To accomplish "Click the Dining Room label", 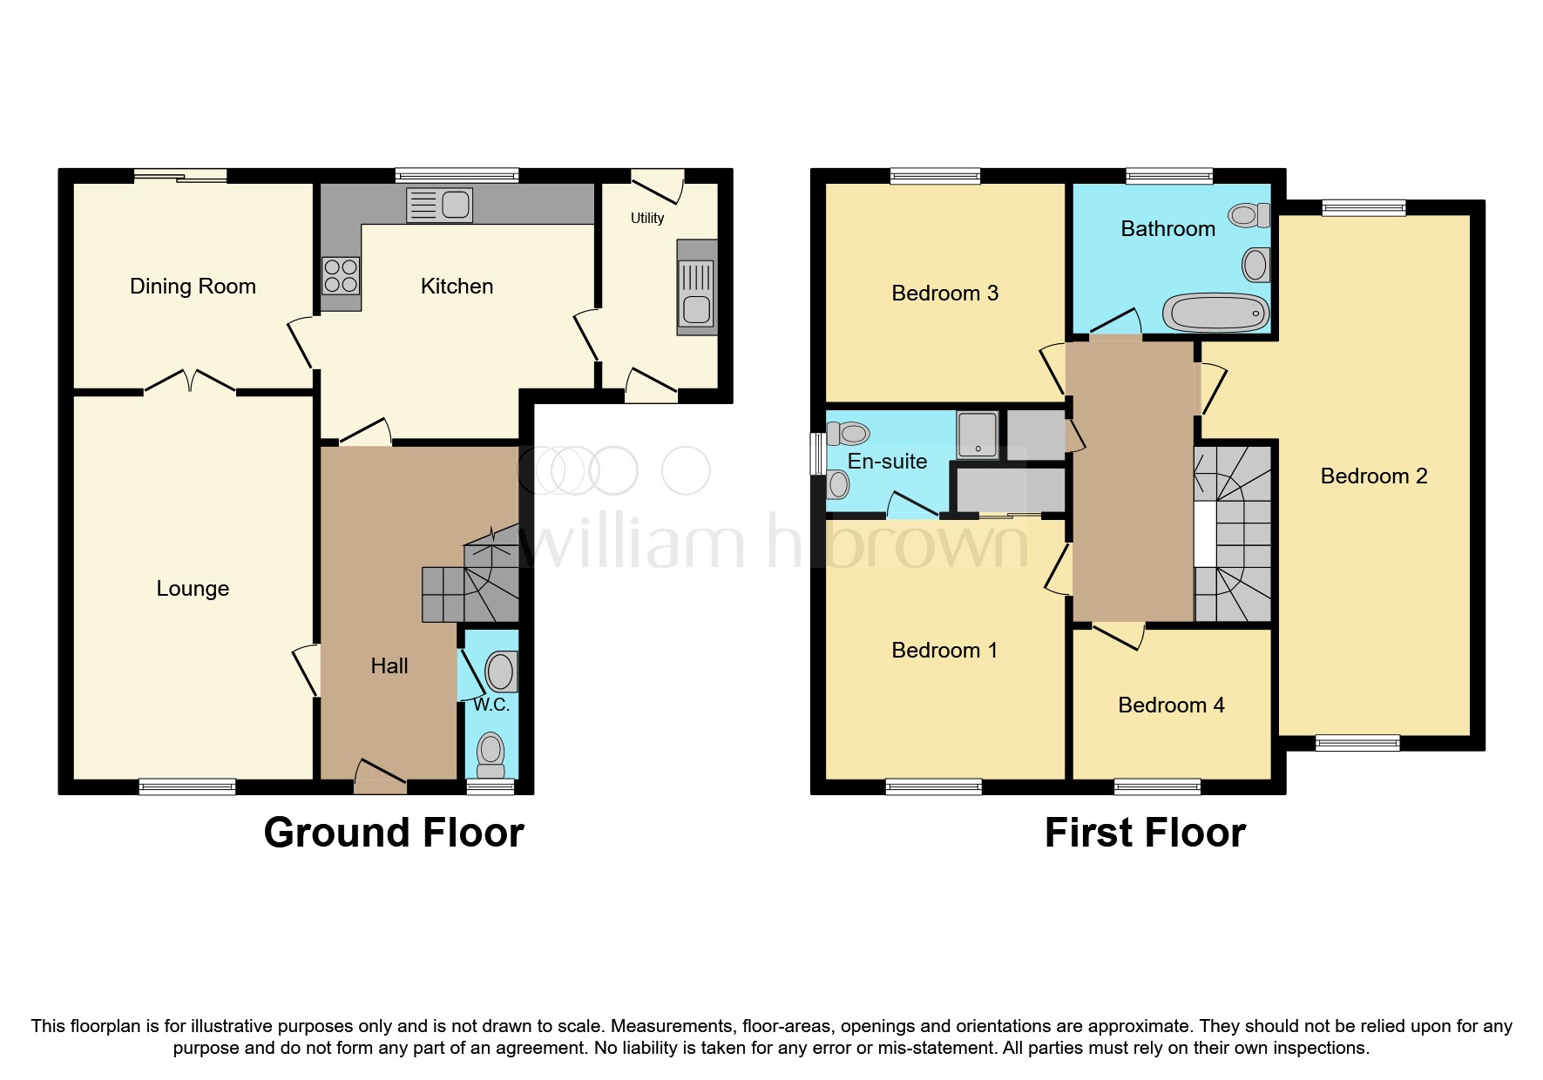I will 193,287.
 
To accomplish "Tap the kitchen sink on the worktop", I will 440,206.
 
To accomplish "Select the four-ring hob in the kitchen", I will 341,275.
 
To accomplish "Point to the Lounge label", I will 193,589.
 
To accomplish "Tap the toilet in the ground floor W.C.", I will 491,755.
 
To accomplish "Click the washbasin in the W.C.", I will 501,672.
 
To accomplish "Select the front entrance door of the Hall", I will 381,777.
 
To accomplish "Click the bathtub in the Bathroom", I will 1217,312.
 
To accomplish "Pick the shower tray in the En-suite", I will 978,434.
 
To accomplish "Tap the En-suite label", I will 887,462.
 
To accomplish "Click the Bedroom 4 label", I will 1171,705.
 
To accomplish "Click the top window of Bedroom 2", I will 1364,207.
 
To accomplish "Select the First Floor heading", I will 1145,833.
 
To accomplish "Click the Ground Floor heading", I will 394,833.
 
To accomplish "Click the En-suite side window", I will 817,454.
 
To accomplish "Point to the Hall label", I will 389,666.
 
